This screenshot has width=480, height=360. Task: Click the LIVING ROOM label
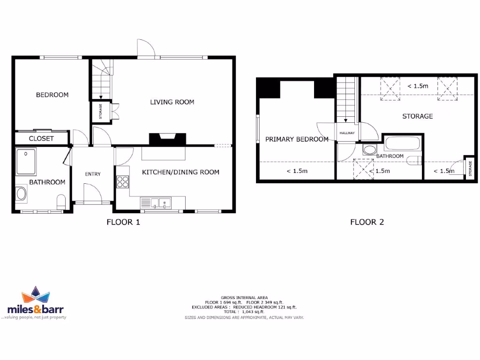[172, 102]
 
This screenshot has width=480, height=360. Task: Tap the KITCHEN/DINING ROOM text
[180, 172]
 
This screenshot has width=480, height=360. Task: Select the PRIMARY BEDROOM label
[297, 139]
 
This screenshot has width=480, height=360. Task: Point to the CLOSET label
[41, 139]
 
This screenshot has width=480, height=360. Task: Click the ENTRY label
[92, 174]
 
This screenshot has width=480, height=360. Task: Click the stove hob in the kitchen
[122, 181]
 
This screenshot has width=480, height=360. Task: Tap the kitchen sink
[157, 203]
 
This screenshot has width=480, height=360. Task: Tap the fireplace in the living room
[167, 139]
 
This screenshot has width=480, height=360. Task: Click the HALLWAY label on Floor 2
[347, 133]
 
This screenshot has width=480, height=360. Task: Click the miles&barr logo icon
[36, 296]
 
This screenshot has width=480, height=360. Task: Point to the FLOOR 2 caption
[367, 222]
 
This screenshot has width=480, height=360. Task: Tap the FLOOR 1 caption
[123, 222]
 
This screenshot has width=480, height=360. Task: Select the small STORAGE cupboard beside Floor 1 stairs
[100, 112]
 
